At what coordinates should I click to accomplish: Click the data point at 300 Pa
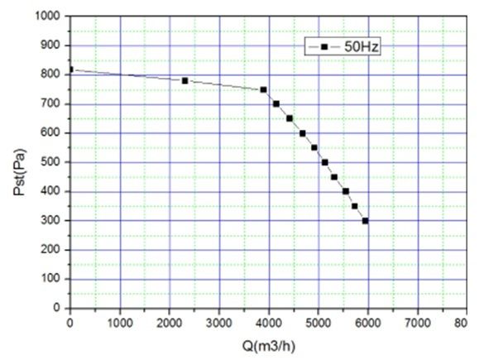pos(365,221)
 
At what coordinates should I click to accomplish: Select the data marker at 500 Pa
pos(324,162)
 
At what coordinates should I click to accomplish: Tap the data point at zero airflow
pos(70,70)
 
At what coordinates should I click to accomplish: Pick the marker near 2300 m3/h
pos(184,81)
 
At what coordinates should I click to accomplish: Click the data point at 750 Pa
pos(263,90)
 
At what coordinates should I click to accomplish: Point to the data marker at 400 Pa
pos(346,191)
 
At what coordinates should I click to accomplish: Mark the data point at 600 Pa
pos(303,133)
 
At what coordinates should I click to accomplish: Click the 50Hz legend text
pos(362,47)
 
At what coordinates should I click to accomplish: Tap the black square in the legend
pos(324,47)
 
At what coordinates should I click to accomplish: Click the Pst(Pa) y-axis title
pos(20,172)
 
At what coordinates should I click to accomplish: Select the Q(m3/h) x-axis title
pos(269,346)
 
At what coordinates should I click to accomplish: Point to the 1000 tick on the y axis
pos(48,16)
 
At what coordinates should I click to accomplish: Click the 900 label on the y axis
pos(50,45)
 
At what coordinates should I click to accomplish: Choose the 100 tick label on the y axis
pos(50,279)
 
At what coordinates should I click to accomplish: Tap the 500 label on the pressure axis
pos(50,161)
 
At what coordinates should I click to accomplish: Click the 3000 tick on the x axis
pos(219,323)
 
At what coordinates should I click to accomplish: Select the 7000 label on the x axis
pos(418,323)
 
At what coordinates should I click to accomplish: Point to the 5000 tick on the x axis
pos(319,323)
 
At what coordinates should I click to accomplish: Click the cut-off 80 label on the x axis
pos(461,323)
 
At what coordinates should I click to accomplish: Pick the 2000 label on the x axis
pos(170,323)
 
